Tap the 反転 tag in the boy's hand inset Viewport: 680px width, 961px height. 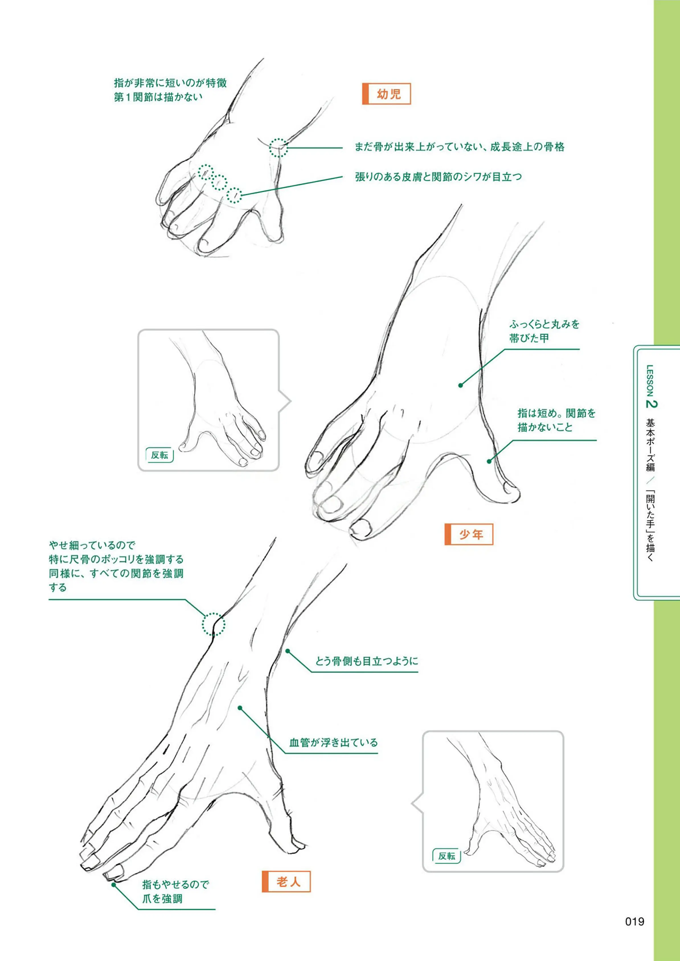(x=159, y=455)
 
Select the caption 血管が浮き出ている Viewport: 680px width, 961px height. (x=333, y=743)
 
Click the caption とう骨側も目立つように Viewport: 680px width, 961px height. (x=366, y=662)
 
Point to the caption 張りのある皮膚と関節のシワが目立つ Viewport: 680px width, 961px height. (x=439, y=177)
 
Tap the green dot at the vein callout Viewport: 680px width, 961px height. (x=240, y=708)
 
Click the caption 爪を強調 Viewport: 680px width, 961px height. (x=163, y=899)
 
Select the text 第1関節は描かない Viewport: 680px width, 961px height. (x=158, y=97)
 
